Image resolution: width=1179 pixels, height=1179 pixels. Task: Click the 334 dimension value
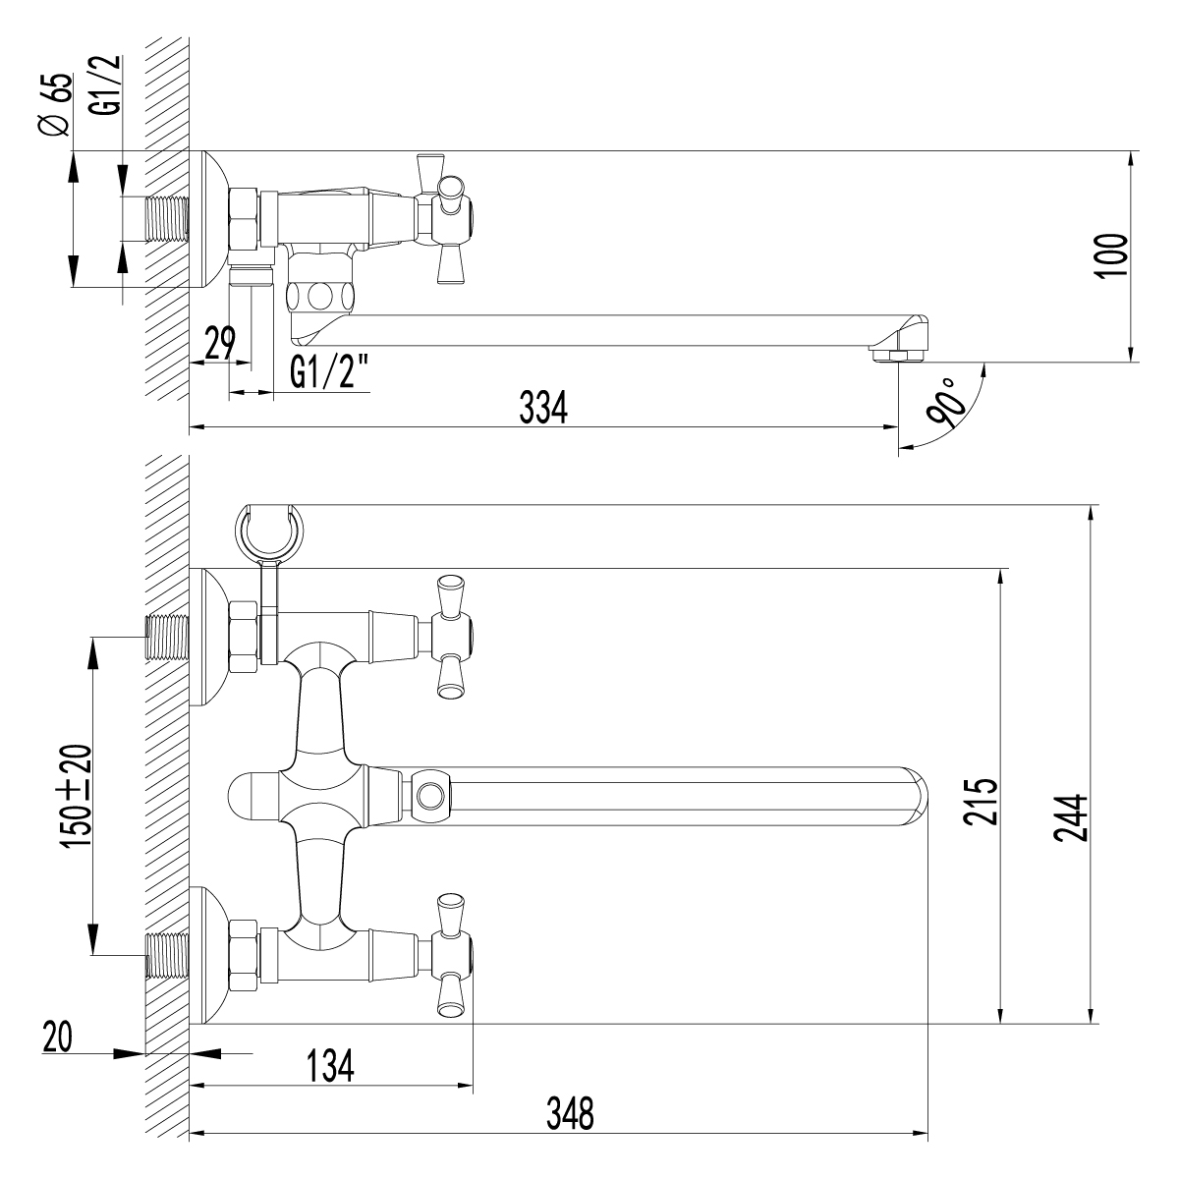coord(543,409)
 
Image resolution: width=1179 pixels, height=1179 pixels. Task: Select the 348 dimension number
coord(570,1112)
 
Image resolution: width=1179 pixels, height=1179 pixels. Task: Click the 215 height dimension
coord(980,801)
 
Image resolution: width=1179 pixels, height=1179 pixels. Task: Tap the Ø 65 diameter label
coord(57,105)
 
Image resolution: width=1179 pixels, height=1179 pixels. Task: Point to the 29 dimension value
coord(220,344)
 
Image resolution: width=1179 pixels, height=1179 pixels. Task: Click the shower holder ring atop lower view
coord(267,531)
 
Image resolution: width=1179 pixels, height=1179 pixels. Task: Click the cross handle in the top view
coord(447,216)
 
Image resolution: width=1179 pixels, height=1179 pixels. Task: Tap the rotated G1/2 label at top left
coord(110,85)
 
